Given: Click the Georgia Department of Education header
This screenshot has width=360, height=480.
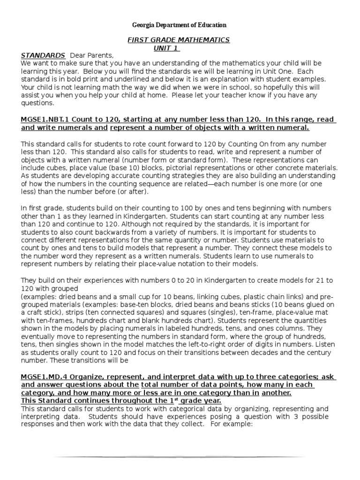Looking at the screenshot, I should pyautogui.click(x=180, y=25).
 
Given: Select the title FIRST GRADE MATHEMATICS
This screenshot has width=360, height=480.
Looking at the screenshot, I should pyautogui.click(x=179, y=40).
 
